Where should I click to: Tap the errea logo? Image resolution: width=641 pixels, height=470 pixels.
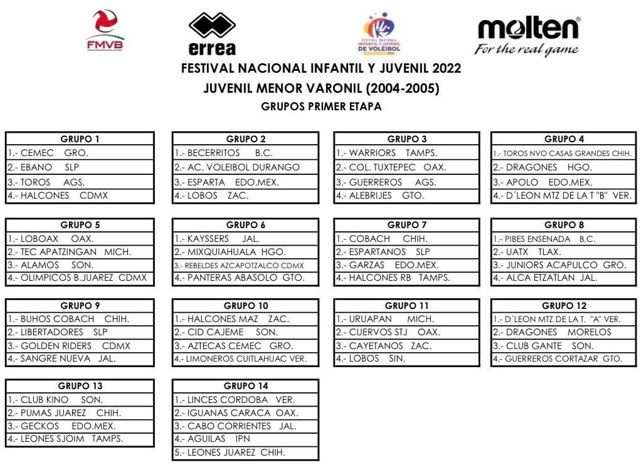point(212,34)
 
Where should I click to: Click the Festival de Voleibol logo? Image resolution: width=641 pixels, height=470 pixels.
point(379,34)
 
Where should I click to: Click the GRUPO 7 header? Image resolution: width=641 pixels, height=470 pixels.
point(407,225)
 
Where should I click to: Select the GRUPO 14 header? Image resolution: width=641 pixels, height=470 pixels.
point(245,386)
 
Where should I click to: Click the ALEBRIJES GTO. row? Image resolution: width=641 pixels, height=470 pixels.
point(381,196)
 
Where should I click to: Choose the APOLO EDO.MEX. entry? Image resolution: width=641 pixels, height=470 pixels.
point(542,182)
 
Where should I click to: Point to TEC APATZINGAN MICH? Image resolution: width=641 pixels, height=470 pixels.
point(70,252)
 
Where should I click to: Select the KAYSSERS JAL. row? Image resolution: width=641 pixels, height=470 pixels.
point(217,239)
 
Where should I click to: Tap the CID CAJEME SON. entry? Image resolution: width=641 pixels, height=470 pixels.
point(226,332)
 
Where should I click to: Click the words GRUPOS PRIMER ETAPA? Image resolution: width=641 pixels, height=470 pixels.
point(320,107)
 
